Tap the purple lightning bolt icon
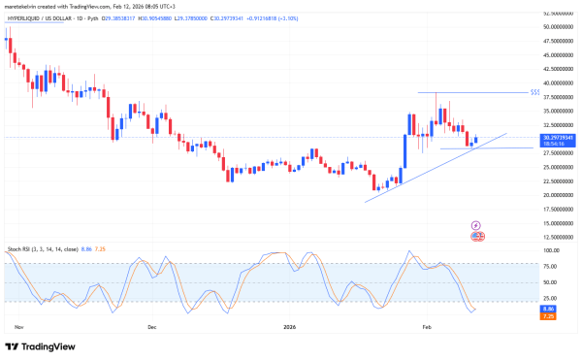point(477,224)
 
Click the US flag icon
point(477,236)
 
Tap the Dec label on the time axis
point(152,327)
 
